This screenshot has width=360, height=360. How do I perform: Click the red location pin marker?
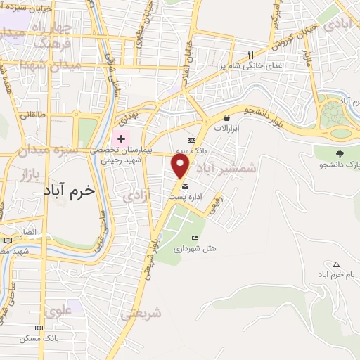[x=181, y=166]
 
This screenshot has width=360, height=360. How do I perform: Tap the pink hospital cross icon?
[x=120, y=137]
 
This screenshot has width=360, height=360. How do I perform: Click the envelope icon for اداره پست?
[x=185, y=186]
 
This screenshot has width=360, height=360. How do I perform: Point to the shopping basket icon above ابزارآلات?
[x=227, y=118]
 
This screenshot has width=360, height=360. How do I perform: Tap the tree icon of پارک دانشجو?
[x=340, y=153]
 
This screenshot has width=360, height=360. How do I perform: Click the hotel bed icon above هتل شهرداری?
[x=195, y=238]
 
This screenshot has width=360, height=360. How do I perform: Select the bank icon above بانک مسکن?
[x=38, y=327]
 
